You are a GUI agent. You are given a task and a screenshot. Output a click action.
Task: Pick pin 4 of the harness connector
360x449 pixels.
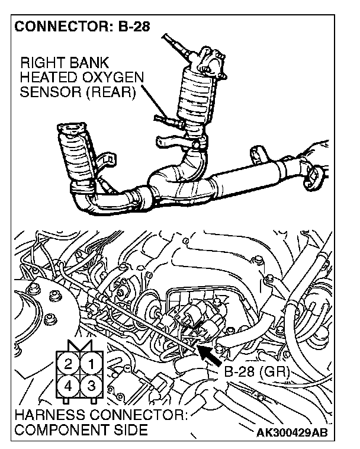[69, 386]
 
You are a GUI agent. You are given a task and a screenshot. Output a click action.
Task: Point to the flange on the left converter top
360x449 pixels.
[71, 129]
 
